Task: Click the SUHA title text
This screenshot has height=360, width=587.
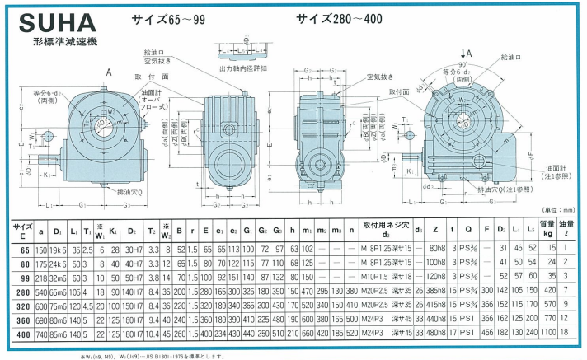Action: pyautogui.click(x=47, y=20)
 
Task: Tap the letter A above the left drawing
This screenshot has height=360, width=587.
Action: pyautogui.click(x=107, y=72)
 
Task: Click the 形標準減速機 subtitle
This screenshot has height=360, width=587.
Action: pyautogui.click(x=66, y=40)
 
